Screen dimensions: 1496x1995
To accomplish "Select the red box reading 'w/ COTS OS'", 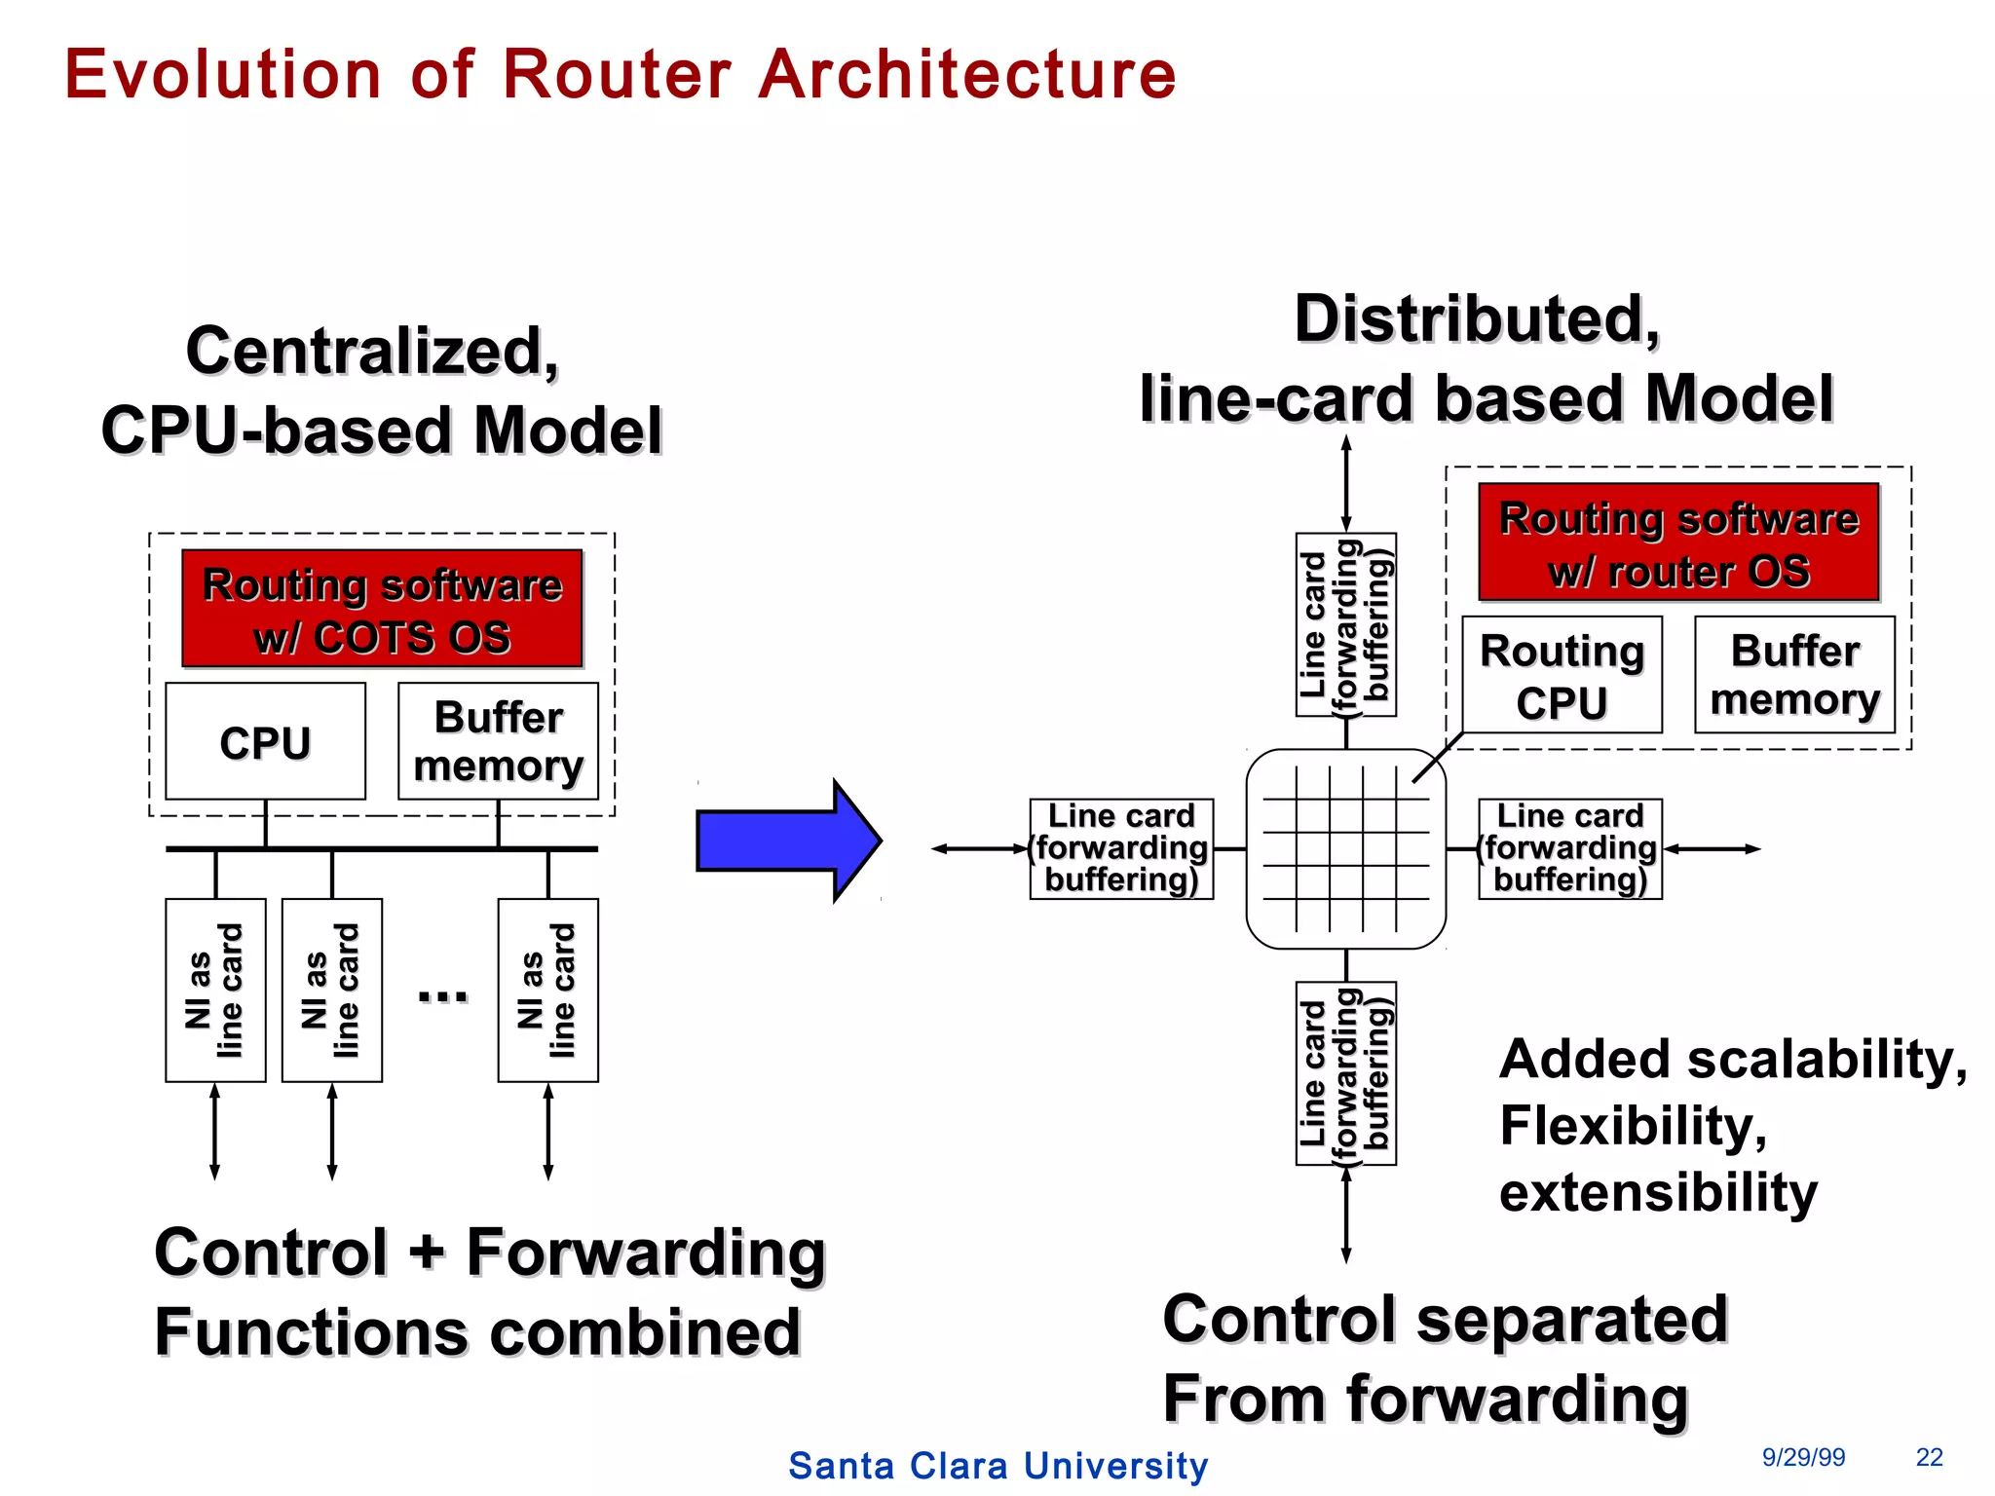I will (x=382, y=610).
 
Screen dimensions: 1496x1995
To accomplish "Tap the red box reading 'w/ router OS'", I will (x=1678, y=542).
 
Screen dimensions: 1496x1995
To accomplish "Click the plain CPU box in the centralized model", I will (x=265, y=741).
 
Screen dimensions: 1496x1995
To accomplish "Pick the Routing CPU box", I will (x=1562, y=675).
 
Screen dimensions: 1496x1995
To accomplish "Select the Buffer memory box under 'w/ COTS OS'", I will (x=498, y=741).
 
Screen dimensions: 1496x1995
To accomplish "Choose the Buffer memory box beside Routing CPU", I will (x=1794, y=675).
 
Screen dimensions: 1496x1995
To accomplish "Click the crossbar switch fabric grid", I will (x=1345, y=848).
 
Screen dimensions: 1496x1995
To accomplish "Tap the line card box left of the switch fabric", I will (x=1121, y=848).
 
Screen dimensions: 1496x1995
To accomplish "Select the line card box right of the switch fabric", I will (x=1569, y=848).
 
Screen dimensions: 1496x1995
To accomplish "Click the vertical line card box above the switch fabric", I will (x=1345, y=624).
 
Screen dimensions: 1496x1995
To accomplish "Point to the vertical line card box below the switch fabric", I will (x=1345, y=1073).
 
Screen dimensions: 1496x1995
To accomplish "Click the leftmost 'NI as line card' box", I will (x=215, y=990).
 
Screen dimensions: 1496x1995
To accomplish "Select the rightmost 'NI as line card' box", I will (x=547, y=990).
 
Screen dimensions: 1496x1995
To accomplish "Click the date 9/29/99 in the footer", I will (x=1803, y=1457).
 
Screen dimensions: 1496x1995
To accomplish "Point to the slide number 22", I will (x=1929, y=1457).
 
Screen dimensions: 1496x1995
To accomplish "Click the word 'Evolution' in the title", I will (x=223, y=75).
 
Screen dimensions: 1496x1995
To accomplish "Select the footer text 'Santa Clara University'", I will (x=997, y=1466).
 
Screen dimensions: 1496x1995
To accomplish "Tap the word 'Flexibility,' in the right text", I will (x=1633, y=1126).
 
